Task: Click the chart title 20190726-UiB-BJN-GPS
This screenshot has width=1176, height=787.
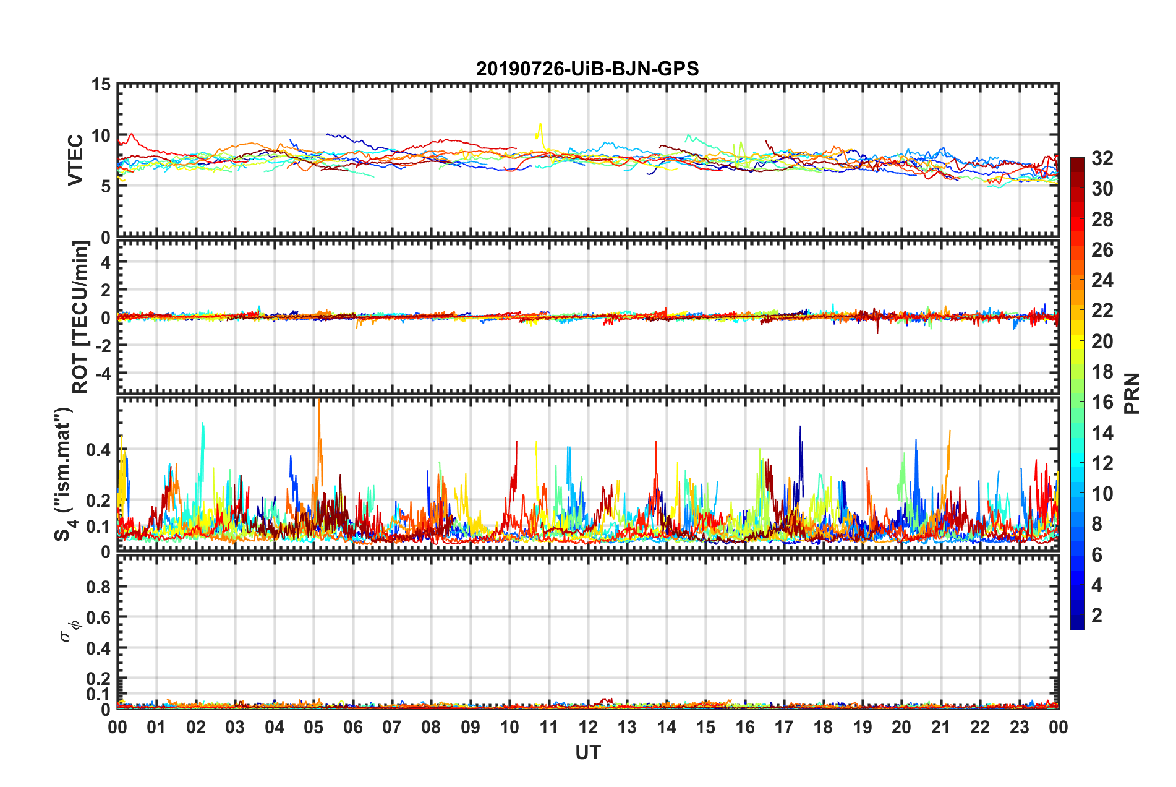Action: point(587,69)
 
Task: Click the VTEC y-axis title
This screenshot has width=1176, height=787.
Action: point(75,160)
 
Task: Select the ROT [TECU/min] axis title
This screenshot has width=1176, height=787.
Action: point(80,317)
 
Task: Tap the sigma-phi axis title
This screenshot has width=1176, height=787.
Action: point(67,630)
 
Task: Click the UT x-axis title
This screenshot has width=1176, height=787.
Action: point(587,752)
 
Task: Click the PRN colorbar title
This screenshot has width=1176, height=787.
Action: point(1131,393)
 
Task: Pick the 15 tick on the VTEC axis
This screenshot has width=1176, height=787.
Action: point(101,84)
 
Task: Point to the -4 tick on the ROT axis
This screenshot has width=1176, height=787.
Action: point(104,374)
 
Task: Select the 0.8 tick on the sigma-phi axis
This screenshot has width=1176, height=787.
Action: point(99,587)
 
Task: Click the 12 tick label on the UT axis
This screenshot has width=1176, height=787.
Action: point(587,728)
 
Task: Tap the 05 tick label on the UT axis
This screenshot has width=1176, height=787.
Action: point(313,728)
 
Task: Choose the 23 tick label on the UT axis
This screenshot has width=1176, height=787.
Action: point(1019,728)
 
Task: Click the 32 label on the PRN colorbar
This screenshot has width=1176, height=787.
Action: point(1102,158)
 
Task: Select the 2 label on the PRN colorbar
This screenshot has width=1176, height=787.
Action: point(1097,616)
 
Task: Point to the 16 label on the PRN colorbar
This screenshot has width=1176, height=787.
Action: point(1102,402)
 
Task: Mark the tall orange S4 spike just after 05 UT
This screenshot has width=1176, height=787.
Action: point(319,403)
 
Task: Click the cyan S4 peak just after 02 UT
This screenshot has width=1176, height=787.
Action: point(203,424)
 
